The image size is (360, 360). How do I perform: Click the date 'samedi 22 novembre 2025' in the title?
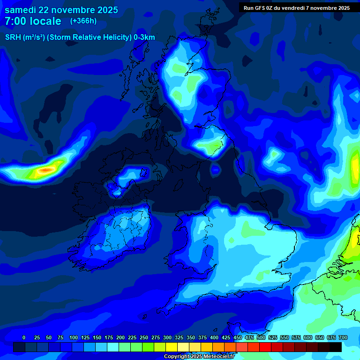(x=61, y=10)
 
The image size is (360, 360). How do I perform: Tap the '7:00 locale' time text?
(x=33, y=21)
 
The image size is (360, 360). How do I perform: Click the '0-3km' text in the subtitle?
(x=144, y=37)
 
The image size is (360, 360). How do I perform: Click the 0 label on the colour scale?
(x=24, y=337)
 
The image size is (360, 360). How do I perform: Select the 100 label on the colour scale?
(x=74, y=337)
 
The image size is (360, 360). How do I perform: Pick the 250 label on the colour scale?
(x=144, y=337)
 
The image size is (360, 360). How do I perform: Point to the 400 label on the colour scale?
(x=214, y=337)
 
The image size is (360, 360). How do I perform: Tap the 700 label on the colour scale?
(x=343, y=337)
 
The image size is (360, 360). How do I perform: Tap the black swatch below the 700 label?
(x=336, y=347)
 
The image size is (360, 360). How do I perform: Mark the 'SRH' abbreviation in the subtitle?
(x=13, y=37)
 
